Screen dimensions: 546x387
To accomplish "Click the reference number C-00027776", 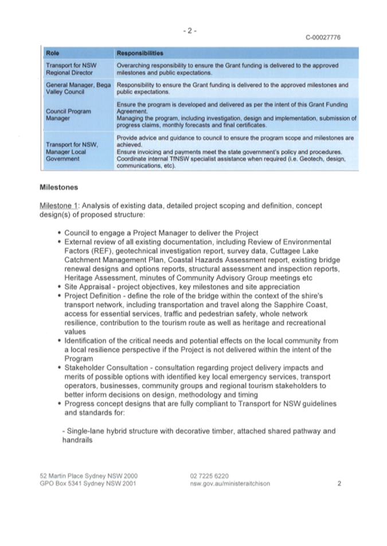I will point(323,38).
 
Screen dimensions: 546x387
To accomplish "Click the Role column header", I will point(53,53).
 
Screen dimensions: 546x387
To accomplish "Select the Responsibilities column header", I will point(140,53).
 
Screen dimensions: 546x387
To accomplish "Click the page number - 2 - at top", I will point(190,30).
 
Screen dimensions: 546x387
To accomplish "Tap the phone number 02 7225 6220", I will point(209,475).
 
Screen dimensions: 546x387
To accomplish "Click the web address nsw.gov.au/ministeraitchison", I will point(229,483).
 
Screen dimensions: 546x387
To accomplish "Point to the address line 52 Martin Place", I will point(88,475).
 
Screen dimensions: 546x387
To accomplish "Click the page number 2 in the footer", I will point(339,483).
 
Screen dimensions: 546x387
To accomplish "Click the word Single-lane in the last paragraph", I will point(84,430).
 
